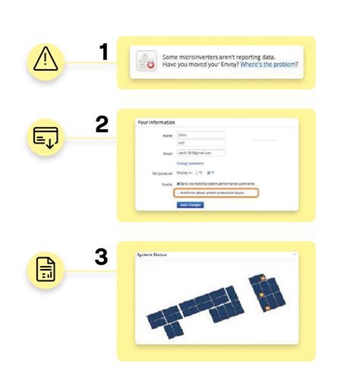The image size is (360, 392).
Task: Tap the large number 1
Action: [104, 52]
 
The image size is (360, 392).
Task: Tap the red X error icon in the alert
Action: [150, 65]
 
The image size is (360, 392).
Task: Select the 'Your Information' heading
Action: [156, 122]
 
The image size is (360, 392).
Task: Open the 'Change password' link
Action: [191, 163]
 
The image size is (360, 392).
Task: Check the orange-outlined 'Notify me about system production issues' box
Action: [178, 193]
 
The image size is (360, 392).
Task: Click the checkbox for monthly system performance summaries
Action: [178, 184]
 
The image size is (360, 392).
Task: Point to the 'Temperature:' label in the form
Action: [160, 174]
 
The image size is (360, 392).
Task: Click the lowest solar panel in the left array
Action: [175, 329]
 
